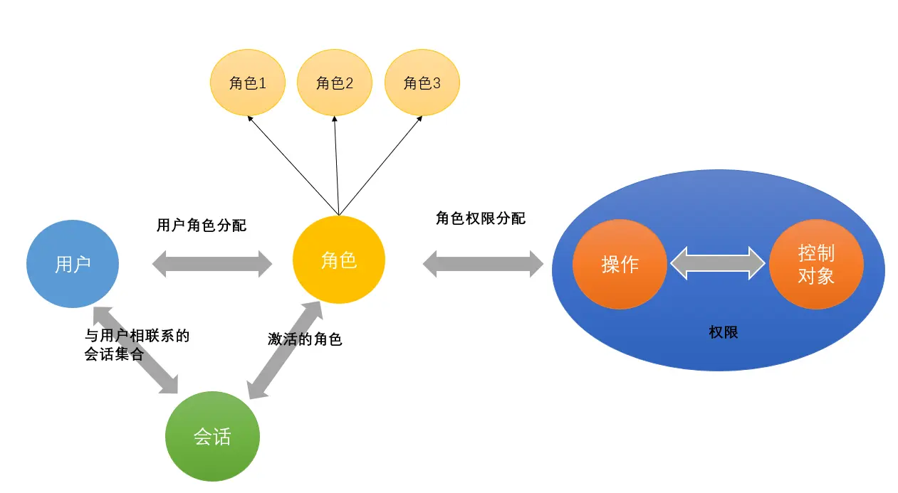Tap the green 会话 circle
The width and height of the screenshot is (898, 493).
(212, 436)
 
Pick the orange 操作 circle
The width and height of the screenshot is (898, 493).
(620, 264)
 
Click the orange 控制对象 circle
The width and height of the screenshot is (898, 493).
(816, 264)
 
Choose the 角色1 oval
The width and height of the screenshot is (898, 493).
(248, 83)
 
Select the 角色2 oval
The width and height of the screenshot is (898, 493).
(335, 83)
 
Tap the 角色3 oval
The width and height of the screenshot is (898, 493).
(422, 83)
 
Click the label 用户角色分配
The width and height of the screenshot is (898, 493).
(202, 226)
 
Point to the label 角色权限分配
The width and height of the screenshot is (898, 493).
(481, 218)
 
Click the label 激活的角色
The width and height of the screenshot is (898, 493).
(305, 339)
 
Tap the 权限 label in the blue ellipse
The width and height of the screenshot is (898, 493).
(723, 332)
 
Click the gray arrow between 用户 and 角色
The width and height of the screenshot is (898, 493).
(212, 263)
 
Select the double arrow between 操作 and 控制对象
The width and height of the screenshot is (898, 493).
(718, 263)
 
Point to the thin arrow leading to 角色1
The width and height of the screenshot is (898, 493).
(292, 164)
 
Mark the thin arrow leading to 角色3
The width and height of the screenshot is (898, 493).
(381, 167)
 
